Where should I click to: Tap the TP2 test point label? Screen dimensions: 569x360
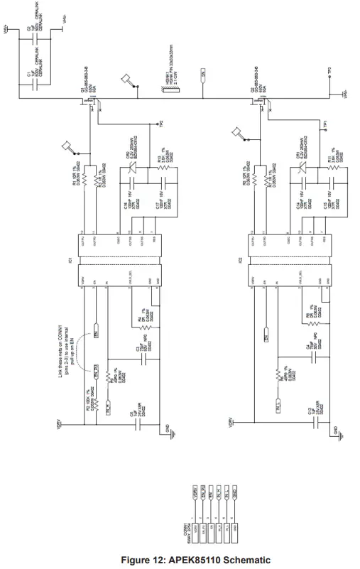click(x=161, y=125)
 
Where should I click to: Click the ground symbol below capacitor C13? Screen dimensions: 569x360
click(x=330, y=433)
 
